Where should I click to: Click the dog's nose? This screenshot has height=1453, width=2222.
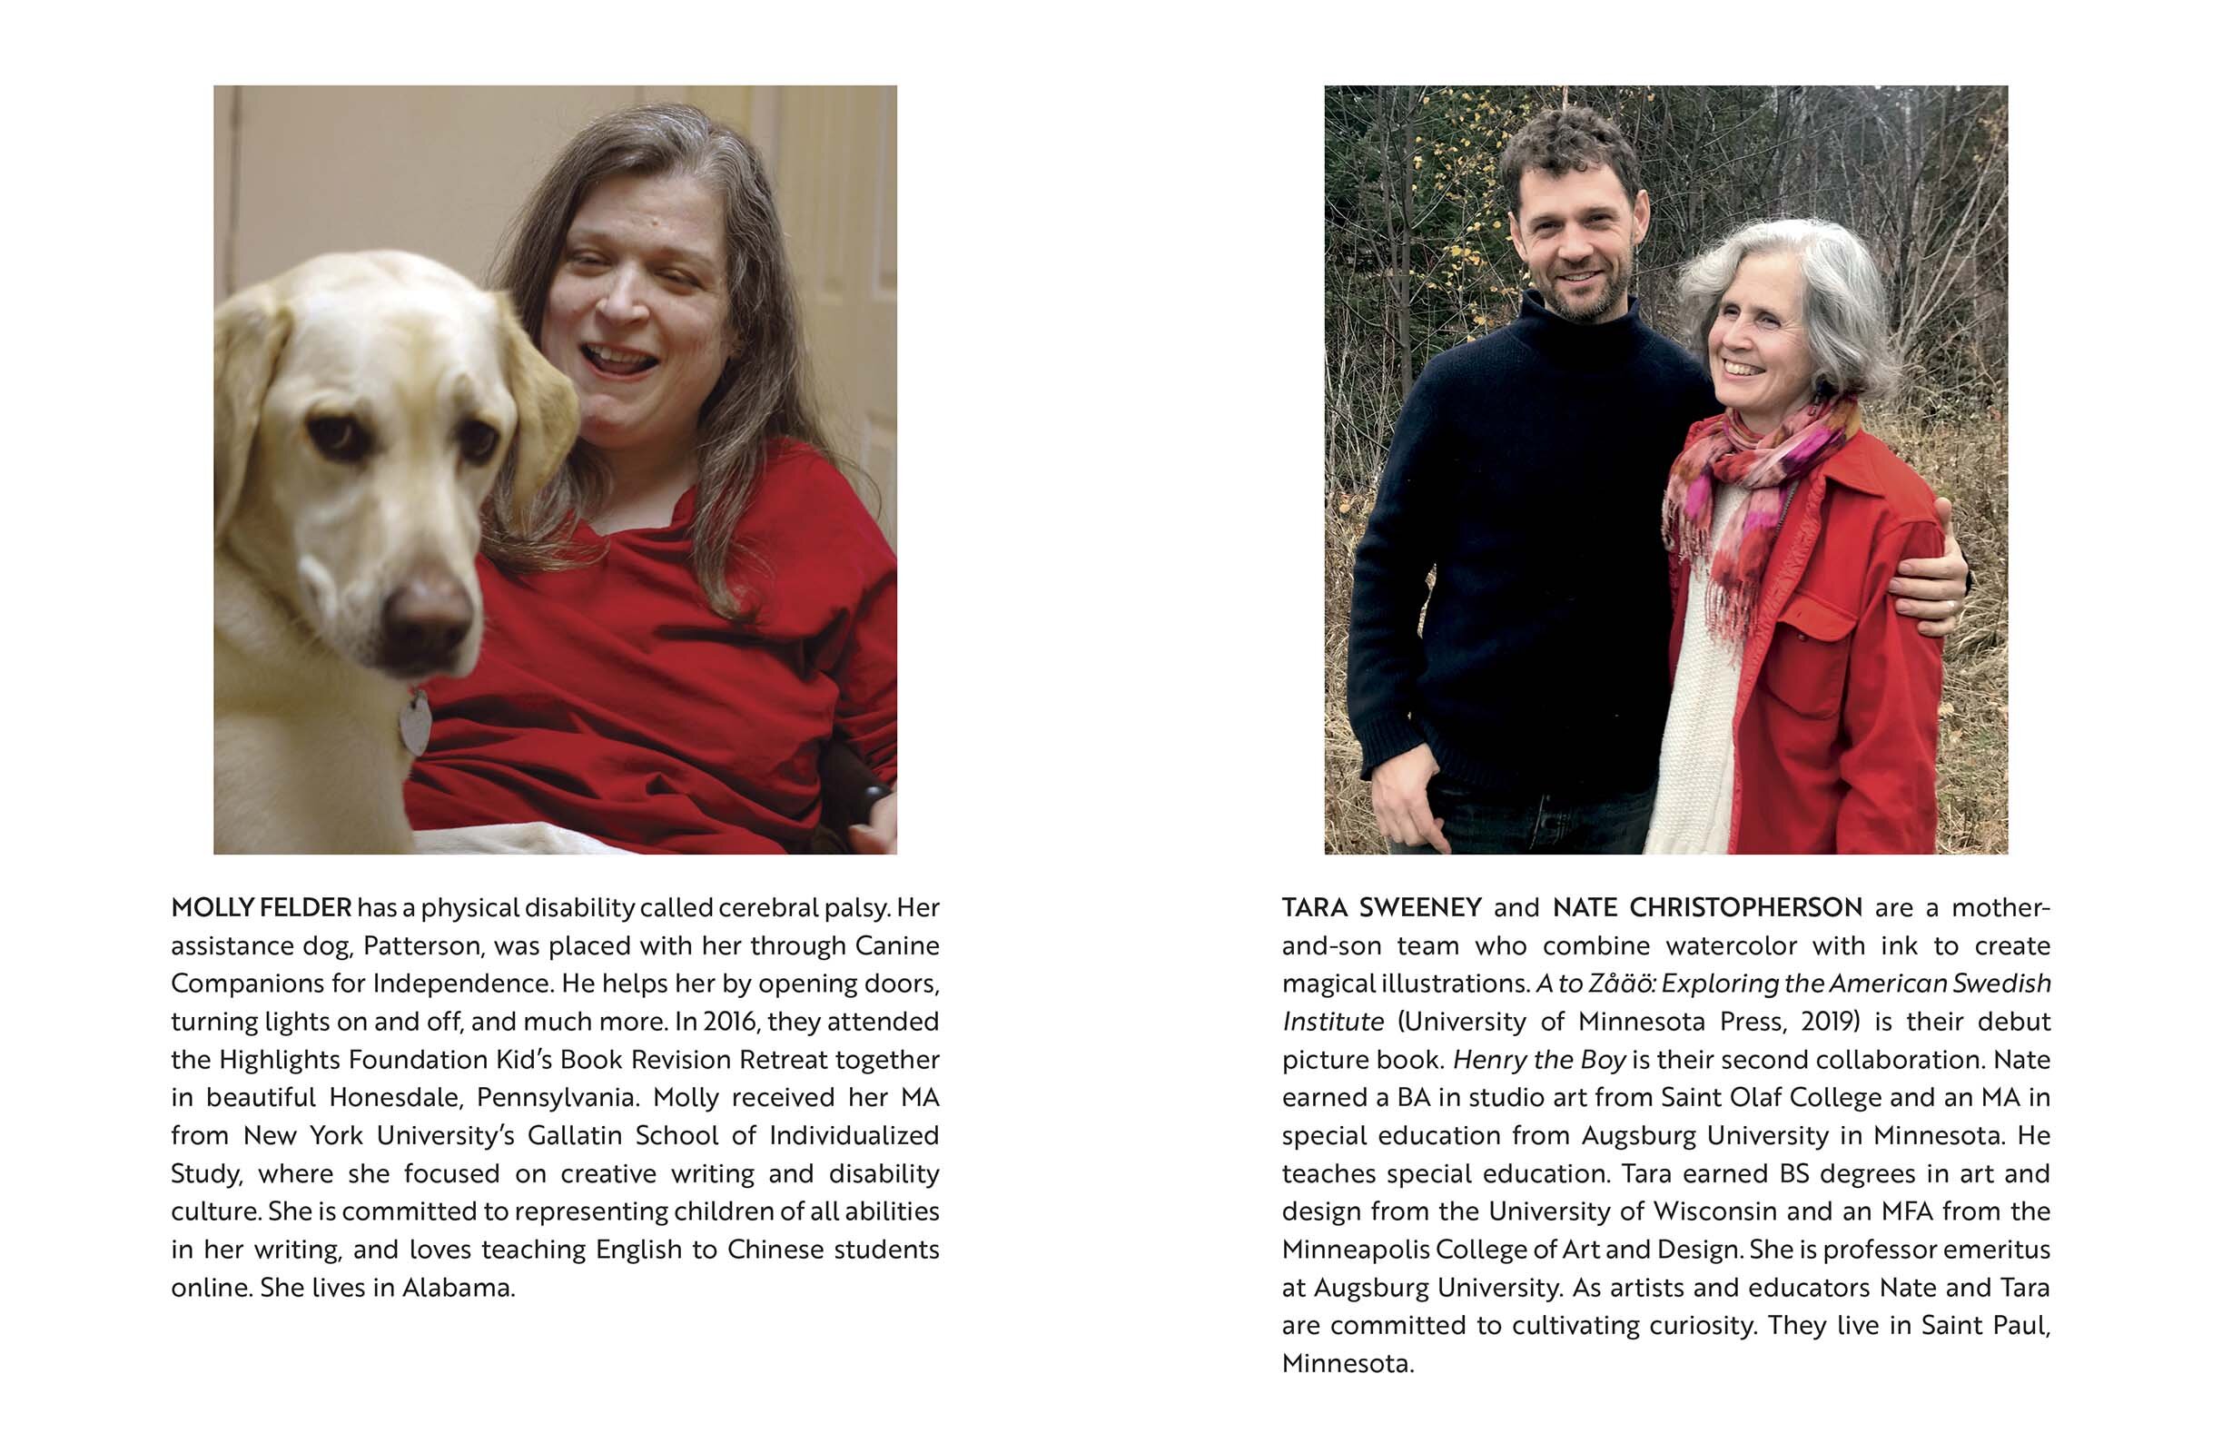(428, 618)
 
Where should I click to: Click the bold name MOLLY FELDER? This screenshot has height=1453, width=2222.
(262, 907)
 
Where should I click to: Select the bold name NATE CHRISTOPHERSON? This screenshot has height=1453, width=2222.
(1707, 907)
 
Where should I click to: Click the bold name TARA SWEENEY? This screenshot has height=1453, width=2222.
(1382, 907)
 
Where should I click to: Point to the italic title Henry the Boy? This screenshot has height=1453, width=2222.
(1538, 1060)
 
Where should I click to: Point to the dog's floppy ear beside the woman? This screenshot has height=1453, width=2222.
(539, 410)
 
